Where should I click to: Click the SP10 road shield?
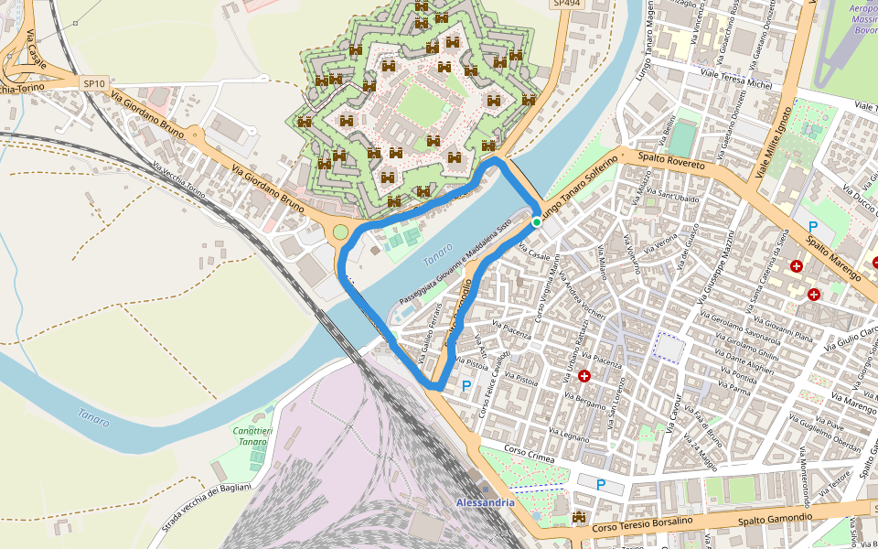[x=93, y=83]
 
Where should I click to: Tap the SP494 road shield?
[x=566, y=4]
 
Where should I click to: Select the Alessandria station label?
[x=485, y=503]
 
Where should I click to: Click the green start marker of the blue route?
[x=537, y=221]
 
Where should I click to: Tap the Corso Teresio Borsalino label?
[x=642, y=523]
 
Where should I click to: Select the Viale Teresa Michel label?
[x=735, y=78]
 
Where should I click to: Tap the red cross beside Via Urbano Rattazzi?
[x=584, y=375]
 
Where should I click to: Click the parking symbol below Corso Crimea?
[x=601, y=484]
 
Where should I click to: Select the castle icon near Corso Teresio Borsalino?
[x=578, y=519]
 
